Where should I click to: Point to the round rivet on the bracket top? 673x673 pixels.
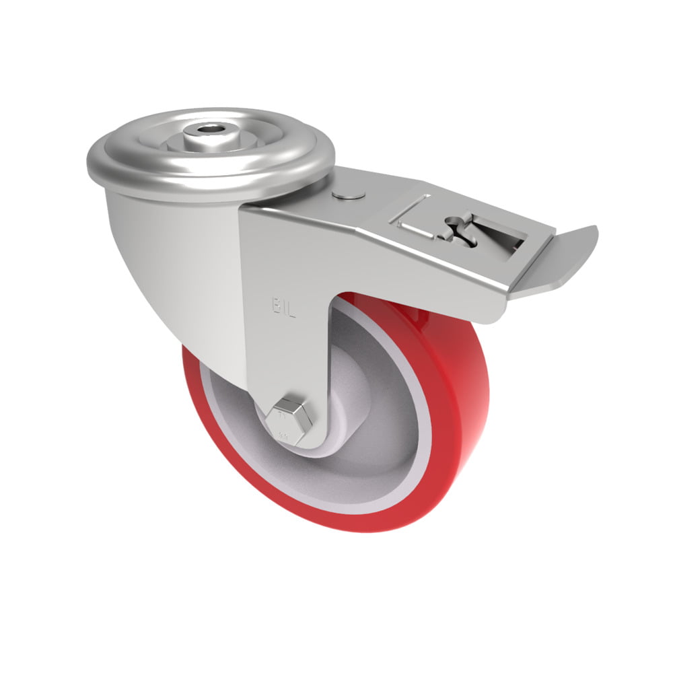pyautogui.click(x=349, y=194)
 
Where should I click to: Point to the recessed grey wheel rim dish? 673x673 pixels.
pyautogui.click(x=377, y=431)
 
